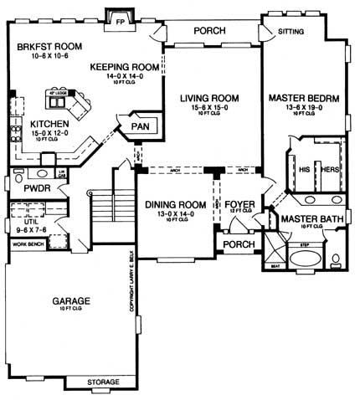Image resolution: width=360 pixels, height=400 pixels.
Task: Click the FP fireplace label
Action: click(121, 18)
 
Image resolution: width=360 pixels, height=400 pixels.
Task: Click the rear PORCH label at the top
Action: click(210, 30)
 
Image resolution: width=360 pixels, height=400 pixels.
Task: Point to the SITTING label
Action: click(291, 31)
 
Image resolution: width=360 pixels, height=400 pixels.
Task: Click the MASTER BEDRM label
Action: click(303, 99)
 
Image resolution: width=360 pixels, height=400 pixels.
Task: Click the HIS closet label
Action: click(304, 168)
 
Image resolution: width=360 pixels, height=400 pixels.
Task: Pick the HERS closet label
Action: click(329, 168)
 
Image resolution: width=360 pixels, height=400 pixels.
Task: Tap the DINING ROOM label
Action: click(175, 205)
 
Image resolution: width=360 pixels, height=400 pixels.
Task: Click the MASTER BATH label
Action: click(310, 219)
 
